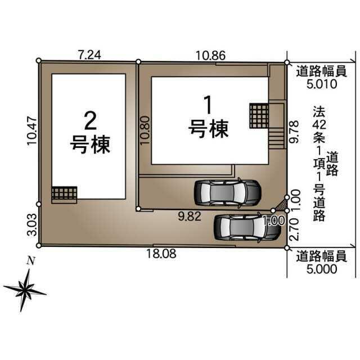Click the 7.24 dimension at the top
[89, 55]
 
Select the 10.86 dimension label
[211, 55]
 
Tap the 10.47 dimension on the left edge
[32, 131]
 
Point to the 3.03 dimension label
[32, 225]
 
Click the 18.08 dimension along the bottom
[161, 254]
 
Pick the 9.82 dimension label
[190, 216]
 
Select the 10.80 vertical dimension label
[145, 130]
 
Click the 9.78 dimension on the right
[294, 132]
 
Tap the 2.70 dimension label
[294, 229]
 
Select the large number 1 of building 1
[208, 105]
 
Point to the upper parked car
[228, 193]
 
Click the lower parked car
[247, 228]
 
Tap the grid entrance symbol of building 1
[259, 116]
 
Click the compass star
[25, 290]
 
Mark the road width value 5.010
[322, 84]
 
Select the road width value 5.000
[322, 269]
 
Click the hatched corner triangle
[282, 206]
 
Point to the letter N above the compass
[31, 261]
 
